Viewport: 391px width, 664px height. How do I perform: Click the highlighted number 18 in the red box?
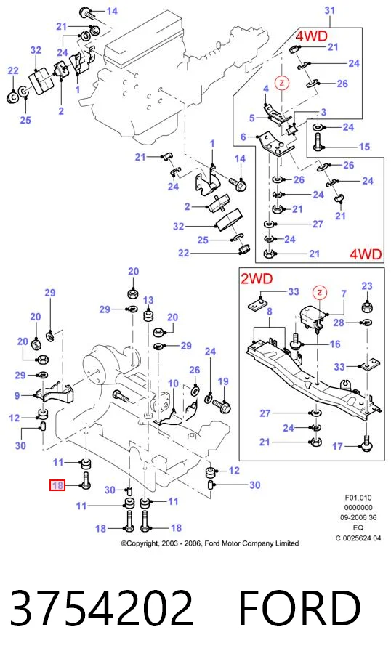tap(57, 485)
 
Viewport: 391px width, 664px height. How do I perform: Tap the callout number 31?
tap(329, 10)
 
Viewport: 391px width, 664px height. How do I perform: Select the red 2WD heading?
tap(257, 279)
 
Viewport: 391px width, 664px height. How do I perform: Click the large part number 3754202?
tap(102, 609)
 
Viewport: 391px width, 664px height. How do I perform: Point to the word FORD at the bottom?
tap(300, 609)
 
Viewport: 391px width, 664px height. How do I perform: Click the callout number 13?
tap(148, 301)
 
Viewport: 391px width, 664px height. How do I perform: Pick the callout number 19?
tap(223, 381)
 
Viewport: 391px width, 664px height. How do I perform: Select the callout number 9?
tap(17, 396)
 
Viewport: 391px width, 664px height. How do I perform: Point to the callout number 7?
tap(344, 293)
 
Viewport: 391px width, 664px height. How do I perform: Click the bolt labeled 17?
tap(364, 442)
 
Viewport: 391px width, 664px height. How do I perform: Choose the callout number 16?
tap(334, 344)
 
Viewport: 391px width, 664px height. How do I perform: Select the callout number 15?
tap(364, 147)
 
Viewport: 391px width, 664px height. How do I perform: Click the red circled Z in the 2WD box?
tap(320, 292)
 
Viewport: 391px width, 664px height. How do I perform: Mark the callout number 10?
tap(173, 384)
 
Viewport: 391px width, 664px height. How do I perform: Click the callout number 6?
tap(243, 137)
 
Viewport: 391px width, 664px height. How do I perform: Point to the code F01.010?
tap(358, 498)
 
